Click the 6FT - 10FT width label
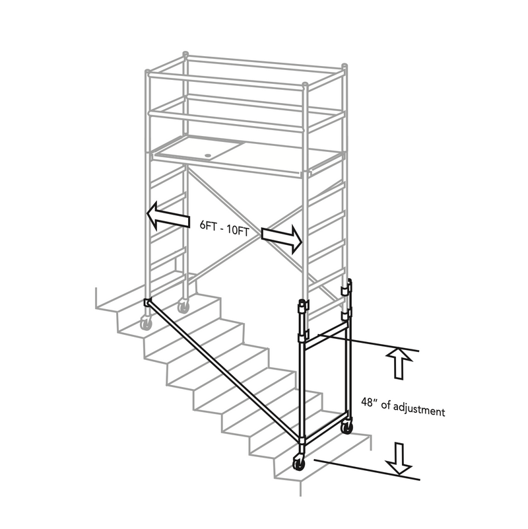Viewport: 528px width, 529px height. [224, 225]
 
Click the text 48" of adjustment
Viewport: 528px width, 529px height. [403, 406]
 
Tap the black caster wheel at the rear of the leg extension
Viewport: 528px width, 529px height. [345, 428]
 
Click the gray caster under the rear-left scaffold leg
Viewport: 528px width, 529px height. [183, 306]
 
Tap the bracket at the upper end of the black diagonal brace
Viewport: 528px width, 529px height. [147, 303]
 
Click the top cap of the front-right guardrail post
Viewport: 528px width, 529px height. [306, 85]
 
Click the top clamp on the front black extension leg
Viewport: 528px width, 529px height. [303, 306]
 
